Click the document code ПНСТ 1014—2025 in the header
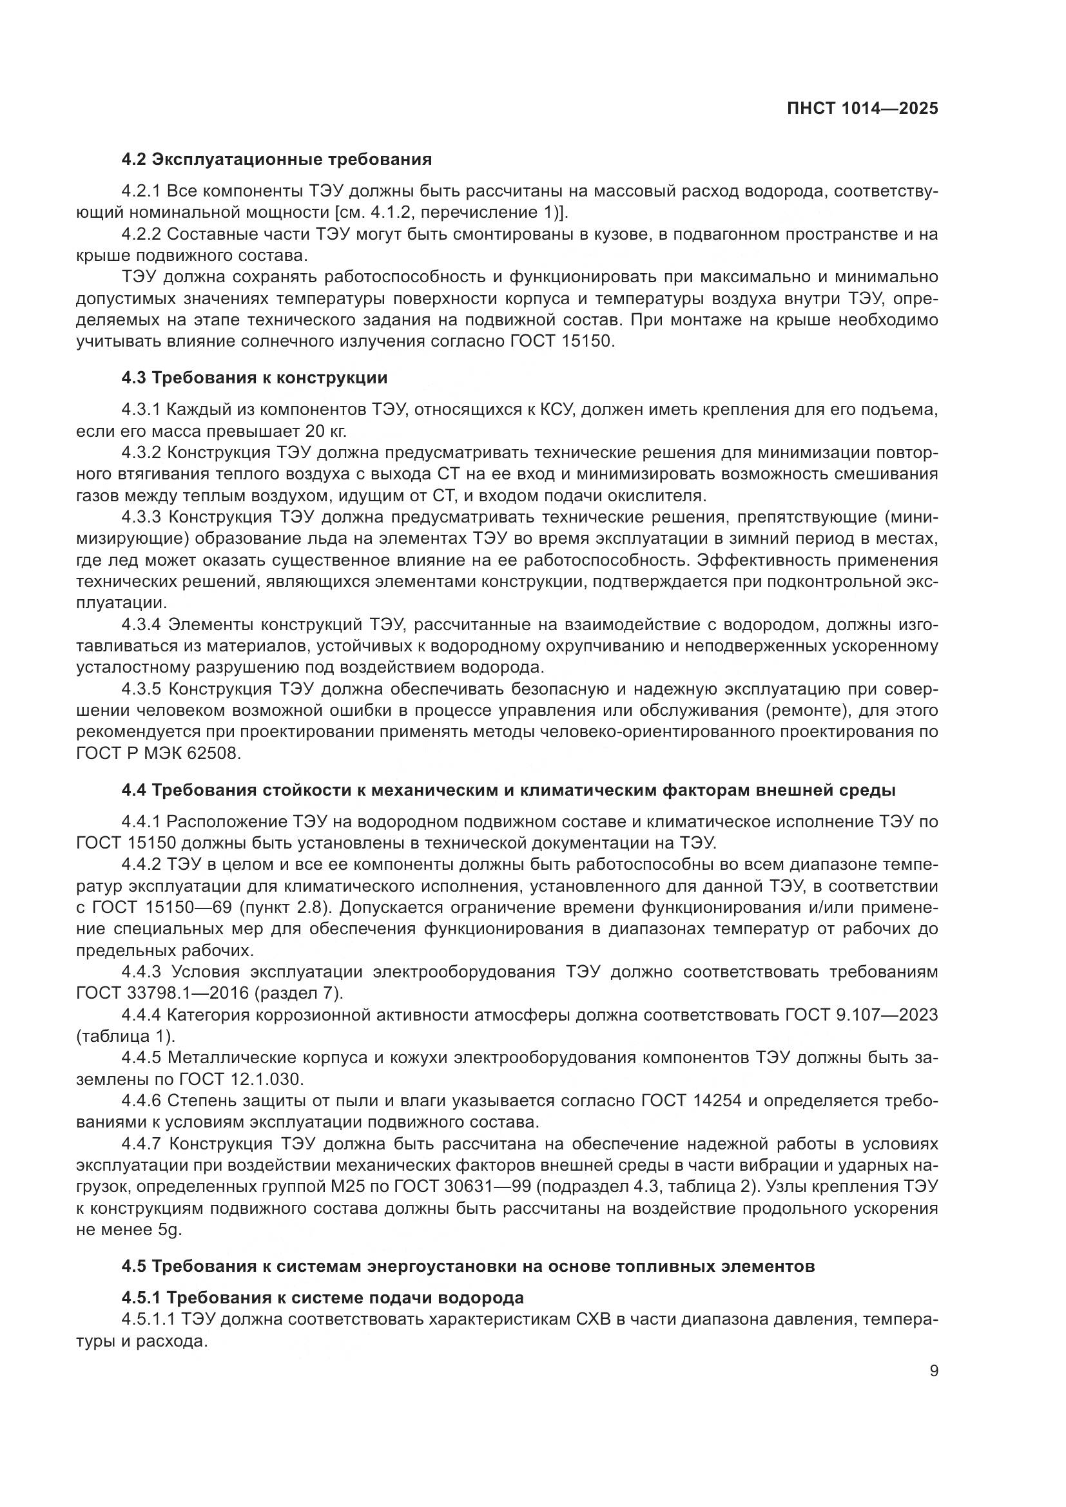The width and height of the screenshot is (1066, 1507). pos(862,109)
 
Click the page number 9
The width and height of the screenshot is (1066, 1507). pos(933,1371)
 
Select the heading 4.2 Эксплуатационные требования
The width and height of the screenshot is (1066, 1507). pos(276,159)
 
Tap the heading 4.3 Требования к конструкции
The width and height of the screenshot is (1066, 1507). pos(254,378)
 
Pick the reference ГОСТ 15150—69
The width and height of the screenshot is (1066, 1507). pos(172,908)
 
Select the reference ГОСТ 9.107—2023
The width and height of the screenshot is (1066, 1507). pos(860,1015)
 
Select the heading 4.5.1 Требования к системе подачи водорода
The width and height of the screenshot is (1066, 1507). pos(322,1298)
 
